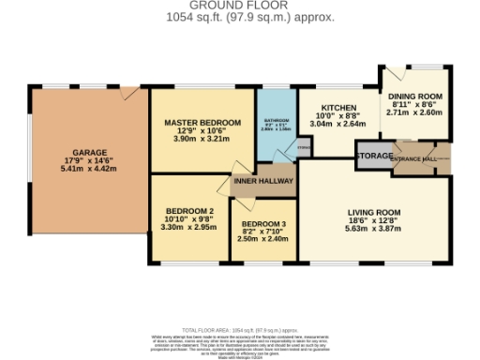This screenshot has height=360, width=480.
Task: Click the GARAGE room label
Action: (90, 153)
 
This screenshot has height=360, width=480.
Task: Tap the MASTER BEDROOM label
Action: (202, 123)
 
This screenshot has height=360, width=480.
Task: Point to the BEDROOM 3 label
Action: (263, 224)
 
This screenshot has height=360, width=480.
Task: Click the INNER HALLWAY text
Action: (264, 181)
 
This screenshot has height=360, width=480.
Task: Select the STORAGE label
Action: (373, 155)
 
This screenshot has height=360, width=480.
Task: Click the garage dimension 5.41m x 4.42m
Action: (90, 170)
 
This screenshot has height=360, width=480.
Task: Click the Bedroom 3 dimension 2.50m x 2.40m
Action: (263, 240)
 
